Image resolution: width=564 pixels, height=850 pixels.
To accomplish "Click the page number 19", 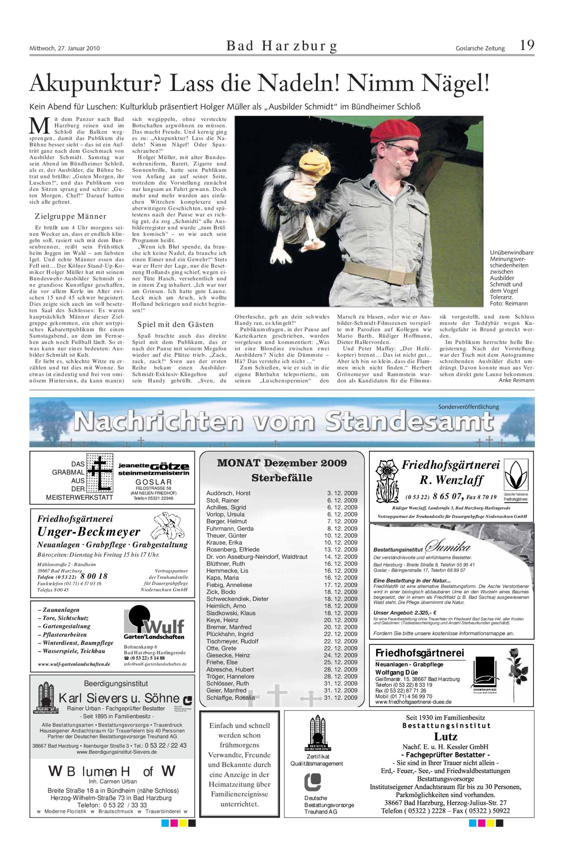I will coord(526,46).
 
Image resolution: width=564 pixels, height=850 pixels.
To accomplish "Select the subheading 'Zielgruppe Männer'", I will coord(70,216).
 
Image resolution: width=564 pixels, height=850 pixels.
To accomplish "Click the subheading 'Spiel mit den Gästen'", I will coord(175,324).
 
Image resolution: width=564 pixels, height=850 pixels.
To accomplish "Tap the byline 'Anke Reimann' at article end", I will coord(516,380).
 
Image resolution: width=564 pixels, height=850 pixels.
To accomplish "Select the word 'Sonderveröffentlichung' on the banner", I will coord(469,407).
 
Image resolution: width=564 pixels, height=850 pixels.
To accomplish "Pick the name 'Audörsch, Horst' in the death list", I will coord(229,493).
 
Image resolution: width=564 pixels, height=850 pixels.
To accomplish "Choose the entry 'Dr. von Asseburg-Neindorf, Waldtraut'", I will coord(257,556).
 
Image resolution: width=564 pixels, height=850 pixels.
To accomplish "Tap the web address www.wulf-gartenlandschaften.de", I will coord(74,664).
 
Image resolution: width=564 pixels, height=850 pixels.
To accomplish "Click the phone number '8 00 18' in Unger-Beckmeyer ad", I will coord(94,576).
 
